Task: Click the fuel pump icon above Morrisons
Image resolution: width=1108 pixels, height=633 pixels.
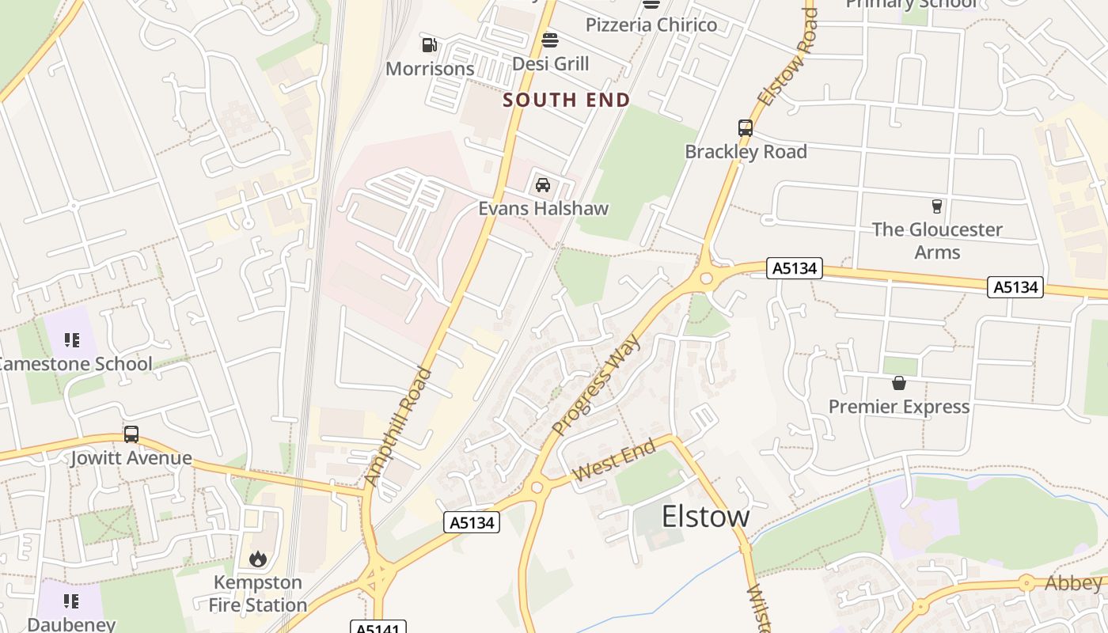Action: (430, 45)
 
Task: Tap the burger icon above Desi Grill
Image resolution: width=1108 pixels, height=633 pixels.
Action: (551, 40)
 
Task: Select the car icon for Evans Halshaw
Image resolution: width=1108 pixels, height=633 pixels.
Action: (543, 185)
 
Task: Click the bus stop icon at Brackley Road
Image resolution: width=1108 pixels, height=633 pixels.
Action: (746, 127)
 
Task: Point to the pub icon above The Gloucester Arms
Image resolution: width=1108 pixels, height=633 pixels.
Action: (937, 207)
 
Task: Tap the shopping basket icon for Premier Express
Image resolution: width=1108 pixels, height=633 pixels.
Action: (899, 384)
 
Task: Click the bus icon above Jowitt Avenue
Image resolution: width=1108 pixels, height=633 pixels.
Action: (131, 434)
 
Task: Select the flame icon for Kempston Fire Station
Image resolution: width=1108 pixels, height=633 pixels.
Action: (258, 559)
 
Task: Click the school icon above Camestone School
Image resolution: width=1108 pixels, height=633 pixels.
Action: (72, 340)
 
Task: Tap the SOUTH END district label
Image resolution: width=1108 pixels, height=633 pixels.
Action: (567, 100)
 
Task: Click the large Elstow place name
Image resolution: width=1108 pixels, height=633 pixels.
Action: (705, 516)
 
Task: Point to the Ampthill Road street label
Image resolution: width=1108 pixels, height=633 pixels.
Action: (398, 427)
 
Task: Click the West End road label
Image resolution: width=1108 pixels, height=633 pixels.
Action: (614, 461)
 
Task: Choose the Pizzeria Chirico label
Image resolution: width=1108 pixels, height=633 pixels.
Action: (651, 25)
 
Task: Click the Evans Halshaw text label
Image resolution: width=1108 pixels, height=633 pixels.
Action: (544, 208)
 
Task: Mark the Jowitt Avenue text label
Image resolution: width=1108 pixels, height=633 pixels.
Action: (131, 458)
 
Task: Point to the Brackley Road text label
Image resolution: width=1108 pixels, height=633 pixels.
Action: (746, 152)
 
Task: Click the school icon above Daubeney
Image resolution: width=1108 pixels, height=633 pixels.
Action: (72, 601)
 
